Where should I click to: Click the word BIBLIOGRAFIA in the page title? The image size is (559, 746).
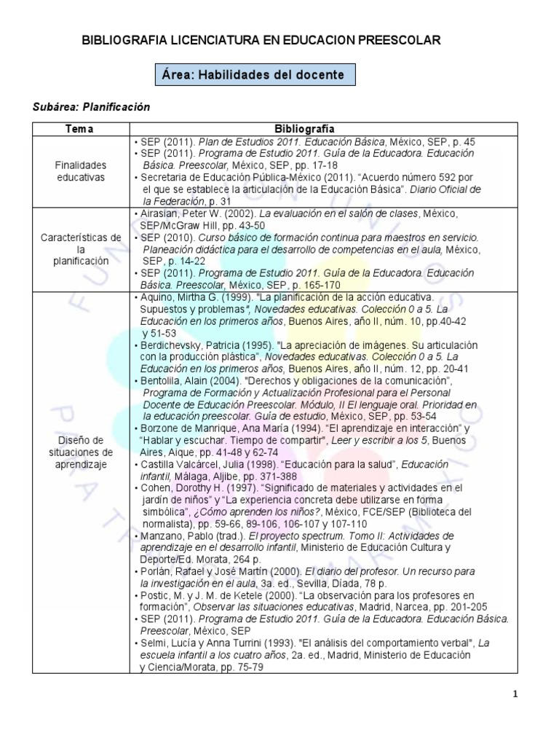pyautogui.click(x=129, y=41)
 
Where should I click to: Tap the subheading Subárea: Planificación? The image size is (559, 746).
pyautogui.click(x=91, y=107)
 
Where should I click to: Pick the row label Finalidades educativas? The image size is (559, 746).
pyautogui.click(x=80, y=171)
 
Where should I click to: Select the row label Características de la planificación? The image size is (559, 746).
pyautogui.click(x=80, y=249)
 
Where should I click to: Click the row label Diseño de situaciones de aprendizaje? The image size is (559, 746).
pyautogui.click(x=80, y=452)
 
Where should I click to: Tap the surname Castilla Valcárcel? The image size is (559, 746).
pyautogui.click(x=178, y=463)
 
